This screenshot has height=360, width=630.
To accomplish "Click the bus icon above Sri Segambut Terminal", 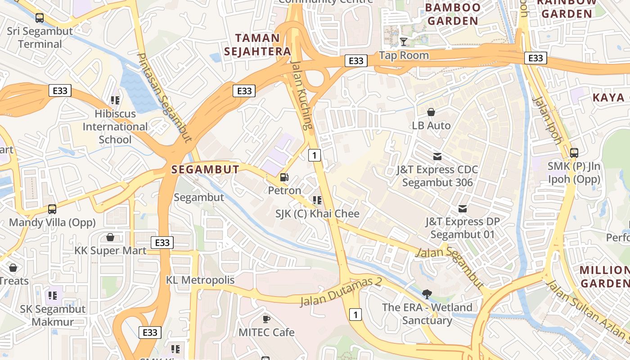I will click(x=40, y=18).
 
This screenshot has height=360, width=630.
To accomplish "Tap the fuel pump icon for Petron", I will click(x=284, y=177).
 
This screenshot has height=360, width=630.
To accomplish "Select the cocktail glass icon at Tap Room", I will click(x=404, y=42).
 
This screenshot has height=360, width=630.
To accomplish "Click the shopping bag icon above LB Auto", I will click(x=431, y=112).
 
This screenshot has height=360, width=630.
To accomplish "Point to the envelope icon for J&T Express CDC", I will click(x=437, y=157).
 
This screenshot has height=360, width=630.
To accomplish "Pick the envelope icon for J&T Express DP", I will click(x=462, y=209).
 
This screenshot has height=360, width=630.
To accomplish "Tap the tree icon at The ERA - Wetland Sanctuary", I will click(x=427, y=294).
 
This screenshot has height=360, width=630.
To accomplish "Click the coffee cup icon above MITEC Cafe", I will click(x=266, y=319).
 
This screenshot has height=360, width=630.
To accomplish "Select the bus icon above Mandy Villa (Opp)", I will click(x=52, y=209).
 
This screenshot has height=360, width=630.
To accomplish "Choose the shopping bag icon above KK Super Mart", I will click(x=110, y=237).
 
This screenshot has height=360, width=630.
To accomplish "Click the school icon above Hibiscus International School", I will click(x=115, y=100).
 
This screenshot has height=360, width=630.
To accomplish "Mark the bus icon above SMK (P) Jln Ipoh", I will click(x=574, y=153).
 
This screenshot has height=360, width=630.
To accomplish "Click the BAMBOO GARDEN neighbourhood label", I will click(x=453, y=14).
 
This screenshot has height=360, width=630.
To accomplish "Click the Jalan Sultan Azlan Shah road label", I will click(x=587, y=310).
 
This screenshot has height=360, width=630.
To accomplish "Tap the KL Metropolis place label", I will click(x=200, y=280).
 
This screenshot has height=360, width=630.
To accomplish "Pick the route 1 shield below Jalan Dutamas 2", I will click(x=355, y=315).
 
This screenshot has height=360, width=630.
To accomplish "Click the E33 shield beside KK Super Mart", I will click(x=162, y=243).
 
